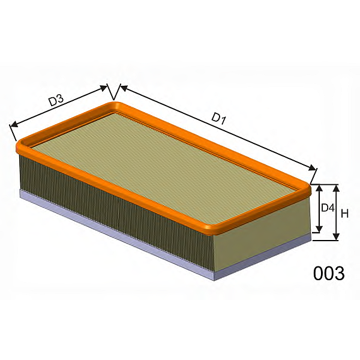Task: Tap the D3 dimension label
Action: coord(56,100)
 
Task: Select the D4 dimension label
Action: coord(328,208)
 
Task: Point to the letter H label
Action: coord(344,214)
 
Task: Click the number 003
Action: coord(329,273)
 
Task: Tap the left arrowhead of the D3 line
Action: coord(14,124)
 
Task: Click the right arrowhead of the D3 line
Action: coord(104,88)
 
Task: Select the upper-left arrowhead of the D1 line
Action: coord(124,88)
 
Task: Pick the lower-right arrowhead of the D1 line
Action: coord(312,168)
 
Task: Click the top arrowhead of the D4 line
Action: coord(319,189)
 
